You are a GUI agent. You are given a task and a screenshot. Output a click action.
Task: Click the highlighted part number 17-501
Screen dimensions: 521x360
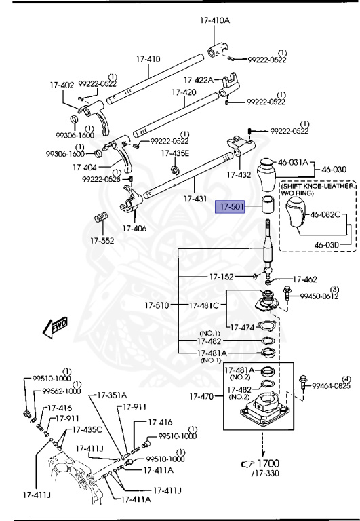(229, 206)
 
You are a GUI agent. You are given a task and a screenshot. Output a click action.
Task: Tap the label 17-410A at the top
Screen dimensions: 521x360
(215, 20)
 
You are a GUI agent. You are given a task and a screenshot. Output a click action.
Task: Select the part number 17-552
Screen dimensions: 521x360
(102, 241)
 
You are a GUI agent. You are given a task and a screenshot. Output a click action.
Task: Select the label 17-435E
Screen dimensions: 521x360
(175, 153)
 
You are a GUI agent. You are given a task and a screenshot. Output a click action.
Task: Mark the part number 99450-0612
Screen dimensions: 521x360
(319, 296)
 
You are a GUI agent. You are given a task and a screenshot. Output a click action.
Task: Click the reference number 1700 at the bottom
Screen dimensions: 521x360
(268, 464)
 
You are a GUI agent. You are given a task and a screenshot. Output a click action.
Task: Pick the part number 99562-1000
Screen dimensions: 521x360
(61, 391)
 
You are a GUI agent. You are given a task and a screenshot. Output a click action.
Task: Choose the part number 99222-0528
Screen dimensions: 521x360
(101, 179)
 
